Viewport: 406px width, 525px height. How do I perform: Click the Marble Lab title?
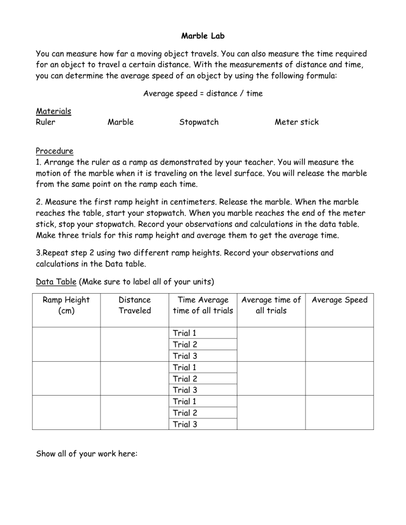[x=203, y=36]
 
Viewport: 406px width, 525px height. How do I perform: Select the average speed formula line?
[x=203, y=93]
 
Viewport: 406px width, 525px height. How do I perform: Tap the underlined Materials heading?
[x=53, y=111]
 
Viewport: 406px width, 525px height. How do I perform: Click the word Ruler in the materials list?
[x=45, y=122]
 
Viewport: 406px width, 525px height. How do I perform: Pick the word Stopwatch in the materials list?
[x=199, y=122]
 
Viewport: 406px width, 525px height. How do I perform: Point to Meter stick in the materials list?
[x=297, y=122]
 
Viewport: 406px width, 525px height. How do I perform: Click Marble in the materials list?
[x=121, y=122]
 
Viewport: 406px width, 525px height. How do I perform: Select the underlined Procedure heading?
[x=54, y=151]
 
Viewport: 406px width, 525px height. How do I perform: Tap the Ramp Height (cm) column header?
[x=66, y=305]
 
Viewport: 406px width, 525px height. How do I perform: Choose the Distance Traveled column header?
[x=135, y=305]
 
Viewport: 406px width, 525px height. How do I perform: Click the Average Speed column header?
[x=339, y=300]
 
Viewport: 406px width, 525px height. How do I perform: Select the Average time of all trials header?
[x=271, y=305]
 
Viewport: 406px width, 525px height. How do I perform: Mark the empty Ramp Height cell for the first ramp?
[x=66, y=344]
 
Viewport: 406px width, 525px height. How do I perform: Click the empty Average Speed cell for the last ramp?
[x=339, y=412]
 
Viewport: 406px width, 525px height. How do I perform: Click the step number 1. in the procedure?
[x=39, y=162]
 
